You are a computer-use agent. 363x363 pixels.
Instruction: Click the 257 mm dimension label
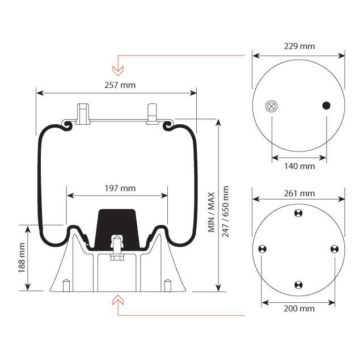[120, 85]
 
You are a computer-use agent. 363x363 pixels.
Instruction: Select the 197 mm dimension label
[120, 188]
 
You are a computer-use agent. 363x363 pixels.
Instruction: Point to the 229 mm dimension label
[299, 47]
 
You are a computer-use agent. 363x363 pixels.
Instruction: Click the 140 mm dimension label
[299, 166]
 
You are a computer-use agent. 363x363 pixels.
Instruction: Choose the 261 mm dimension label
[299, 193]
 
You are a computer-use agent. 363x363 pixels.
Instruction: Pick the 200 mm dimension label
[299, 309]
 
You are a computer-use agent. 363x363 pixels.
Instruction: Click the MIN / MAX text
[211, 212]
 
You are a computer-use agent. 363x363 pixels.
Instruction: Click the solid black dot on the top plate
[327, 105]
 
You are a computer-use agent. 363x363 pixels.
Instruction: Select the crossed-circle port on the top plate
[272, 106]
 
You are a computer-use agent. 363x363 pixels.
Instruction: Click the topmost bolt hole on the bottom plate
[299, 213]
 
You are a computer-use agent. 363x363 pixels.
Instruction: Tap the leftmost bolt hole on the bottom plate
[262, 249]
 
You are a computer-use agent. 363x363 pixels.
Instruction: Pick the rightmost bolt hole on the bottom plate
[335, 249]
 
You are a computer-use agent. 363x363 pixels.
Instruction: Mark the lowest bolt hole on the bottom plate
[299, 285]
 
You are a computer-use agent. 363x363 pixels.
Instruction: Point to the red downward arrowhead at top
[118, 70]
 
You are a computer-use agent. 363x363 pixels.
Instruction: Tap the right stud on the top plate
[153, 112]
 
